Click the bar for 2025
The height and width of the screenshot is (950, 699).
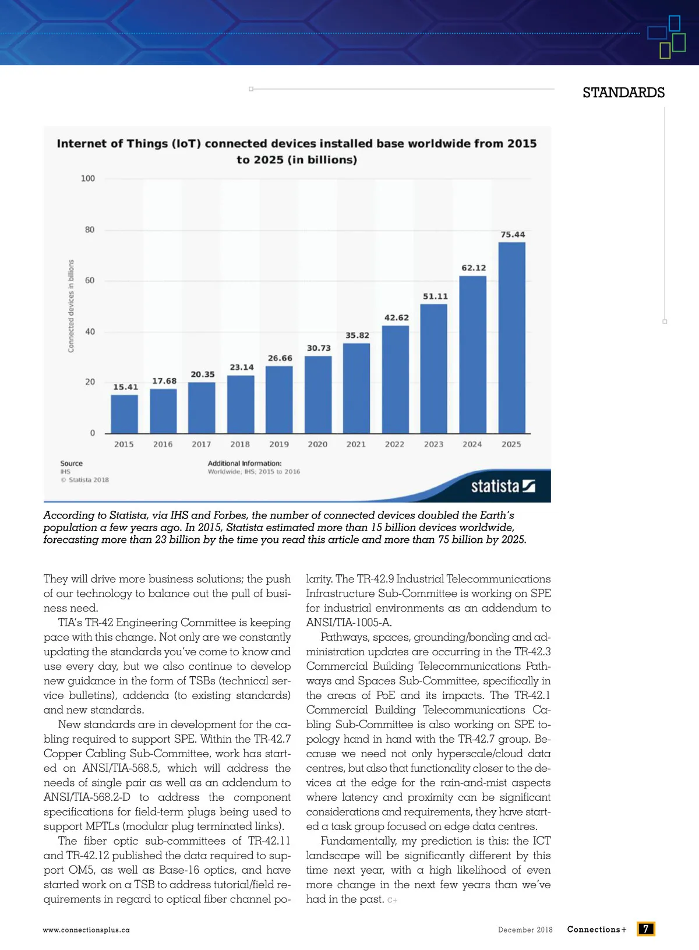tap(511, 338)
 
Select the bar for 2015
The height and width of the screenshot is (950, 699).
tap(124, 414)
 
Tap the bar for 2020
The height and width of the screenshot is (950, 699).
tap(318, 394)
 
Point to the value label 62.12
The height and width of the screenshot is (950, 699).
tap(474, 268)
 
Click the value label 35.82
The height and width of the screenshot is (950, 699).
tap(357, 335)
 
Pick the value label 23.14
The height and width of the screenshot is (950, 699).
tap(242, 368)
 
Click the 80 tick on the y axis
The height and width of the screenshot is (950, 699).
tap(89, 230)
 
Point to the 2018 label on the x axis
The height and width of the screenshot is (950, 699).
tap(240, 444)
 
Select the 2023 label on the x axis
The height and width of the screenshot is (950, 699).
tap(433, 444)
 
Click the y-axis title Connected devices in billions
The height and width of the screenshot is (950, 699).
tap(71, 306)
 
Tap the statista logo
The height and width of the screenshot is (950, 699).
tap(503, 486)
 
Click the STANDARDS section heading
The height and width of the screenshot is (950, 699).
tap(623, 93)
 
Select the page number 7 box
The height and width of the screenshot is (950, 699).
tap(645, 929)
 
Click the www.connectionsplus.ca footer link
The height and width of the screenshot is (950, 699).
tap(86, 930)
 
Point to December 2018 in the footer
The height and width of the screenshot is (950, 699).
tap(525, 930)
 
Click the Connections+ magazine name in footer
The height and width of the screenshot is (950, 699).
tap(596, 930)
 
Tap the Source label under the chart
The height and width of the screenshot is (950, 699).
tap(71, 464)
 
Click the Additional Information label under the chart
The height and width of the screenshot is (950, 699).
tap(245, 464)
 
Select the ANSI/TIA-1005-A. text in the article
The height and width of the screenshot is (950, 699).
tap(349, 623)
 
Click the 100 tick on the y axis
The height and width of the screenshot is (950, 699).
tap(88, 179)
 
